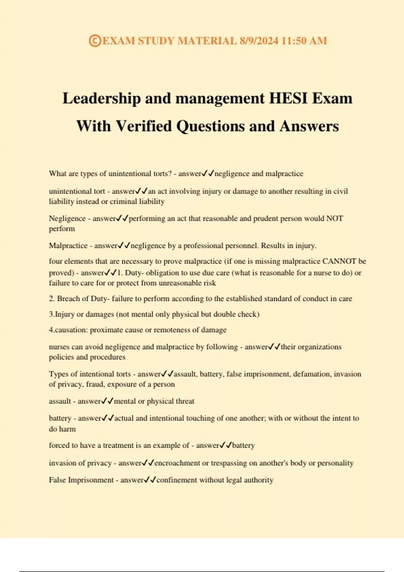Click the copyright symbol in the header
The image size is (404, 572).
[x=95, y=41]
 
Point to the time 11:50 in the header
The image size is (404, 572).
[x=294, y=41]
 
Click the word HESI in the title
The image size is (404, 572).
[x=288, y=98]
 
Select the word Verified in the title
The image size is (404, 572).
[x=144, y=126]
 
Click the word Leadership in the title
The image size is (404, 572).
[x=102, y=98]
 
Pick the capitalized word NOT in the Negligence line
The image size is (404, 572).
[x=335, y=218]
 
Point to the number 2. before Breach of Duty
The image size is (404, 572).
[x=52, y=298]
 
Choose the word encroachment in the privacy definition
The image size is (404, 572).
[x=177, y=463]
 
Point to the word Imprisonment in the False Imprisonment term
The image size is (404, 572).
[x=91, y=480]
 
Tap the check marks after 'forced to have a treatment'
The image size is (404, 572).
[x=226, y=445]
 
